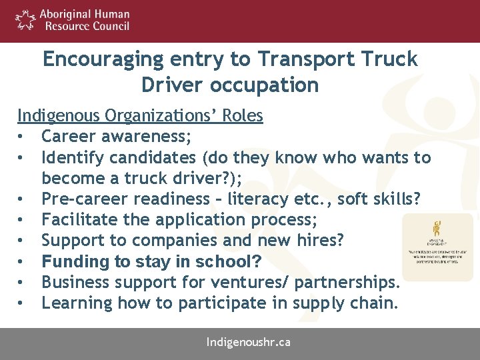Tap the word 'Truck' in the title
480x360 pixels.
[390, 59]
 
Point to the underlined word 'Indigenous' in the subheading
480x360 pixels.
[58, 116]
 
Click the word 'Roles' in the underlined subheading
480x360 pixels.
[242, 116]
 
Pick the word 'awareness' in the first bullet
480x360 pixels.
[150, 137]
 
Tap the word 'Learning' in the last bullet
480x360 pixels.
[77, 303]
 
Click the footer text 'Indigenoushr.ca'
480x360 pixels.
[248, 343]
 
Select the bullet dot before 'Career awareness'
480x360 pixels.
[22, 137]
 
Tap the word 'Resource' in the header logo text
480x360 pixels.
[65, 27]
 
